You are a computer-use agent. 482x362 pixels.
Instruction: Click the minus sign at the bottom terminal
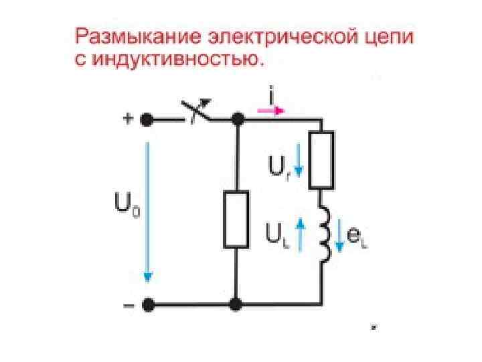127,305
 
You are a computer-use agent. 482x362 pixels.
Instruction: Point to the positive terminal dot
147,120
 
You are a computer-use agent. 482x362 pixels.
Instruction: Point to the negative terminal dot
147,305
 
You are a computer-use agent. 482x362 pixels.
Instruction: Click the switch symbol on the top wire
195,114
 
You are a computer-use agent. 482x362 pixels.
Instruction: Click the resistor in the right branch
323,160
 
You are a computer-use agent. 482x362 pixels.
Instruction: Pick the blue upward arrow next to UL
301,233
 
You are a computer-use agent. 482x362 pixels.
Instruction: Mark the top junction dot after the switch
236,120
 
